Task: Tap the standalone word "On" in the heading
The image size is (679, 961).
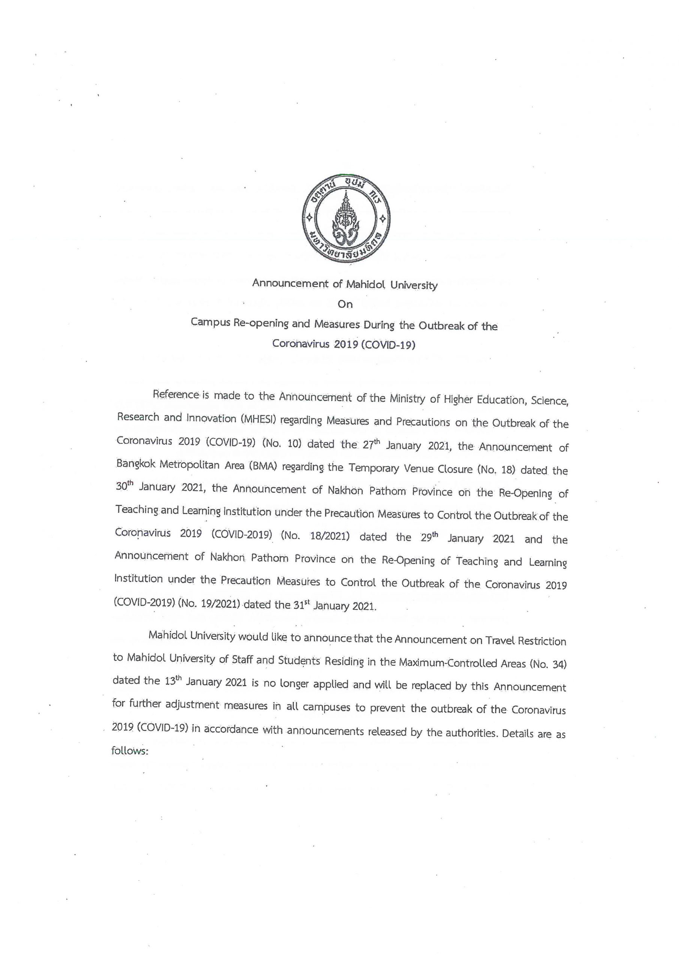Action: pyautogui.click(x=345, y=304)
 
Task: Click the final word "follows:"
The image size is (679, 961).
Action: pyautogui.click(x=130, y=751)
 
